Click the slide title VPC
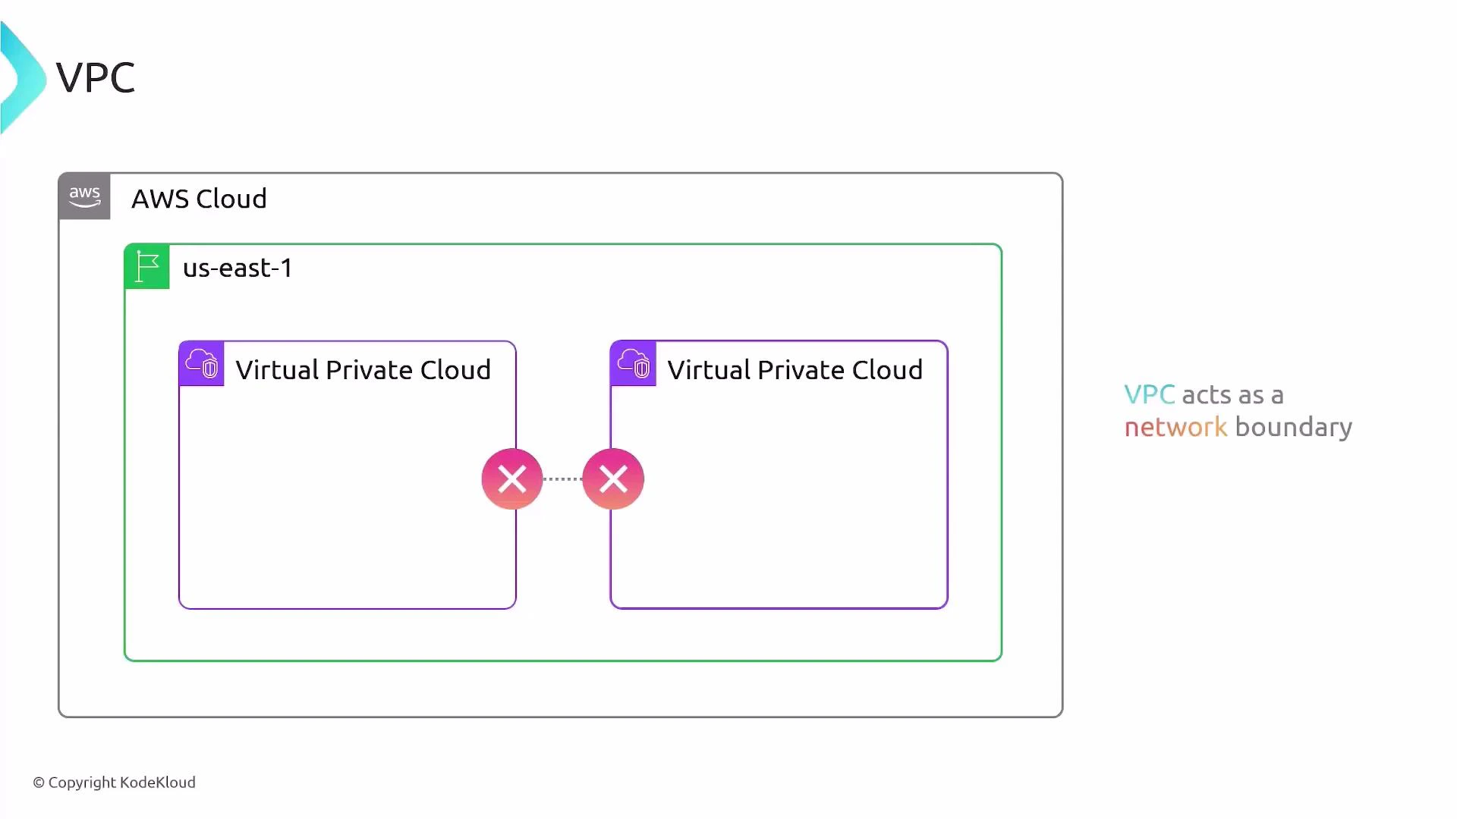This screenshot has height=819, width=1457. tap(96, 77)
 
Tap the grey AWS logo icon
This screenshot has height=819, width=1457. tap(84, 196)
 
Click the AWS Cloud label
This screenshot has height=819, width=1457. tap(199, 199)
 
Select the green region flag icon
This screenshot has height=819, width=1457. tap(147, 267)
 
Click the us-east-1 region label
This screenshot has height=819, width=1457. tap(238, 268)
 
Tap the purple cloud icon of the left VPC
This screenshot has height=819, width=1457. tap(202, 364)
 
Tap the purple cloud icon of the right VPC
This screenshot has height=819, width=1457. tap(634, 364)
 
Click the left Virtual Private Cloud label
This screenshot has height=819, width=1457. tap(363, 370)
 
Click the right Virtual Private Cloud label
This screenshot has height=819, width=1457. tap(795, 370)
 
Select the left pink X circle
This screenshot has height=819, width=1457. tap(512, 479)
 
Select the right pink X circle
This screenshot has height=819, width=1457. tap(613, 479)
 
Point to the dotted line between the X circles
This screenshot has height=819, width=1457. tap(562, 479)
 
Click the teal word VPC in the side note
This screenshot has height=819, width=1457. tap(1149, 395)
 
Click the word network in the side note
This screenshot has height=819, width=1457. tap(1175, 427)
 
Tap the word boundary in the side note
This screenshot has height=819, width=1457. tap(1293, 427)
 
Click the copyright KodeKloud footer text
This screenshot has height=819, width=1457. tap(114, 783)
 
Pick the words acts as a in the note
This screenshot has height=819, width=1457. tap(1232, 395)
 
